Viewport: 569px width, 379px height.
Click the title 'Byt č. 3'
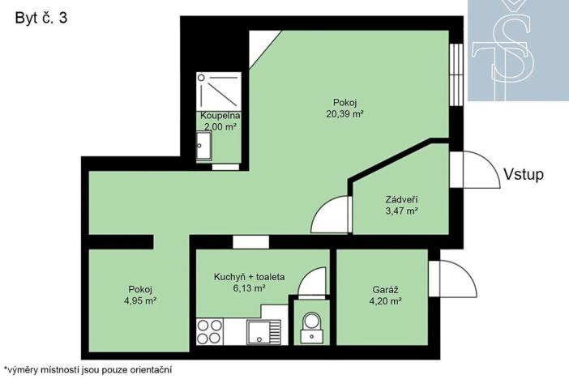pyautogui.click(x=41, y=19)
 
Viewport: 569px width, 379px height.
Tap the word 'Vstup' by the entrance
pyautogui.click(x=523, y=174)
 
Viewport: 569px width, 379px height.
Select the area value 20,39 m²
pyautogui.click(x=344, y=114)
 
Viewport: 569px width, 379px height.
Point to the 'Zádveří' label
pyautogui.click(x=401, y=199)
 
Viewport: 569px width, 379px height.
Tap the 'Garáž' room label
pyautogui.click(x=386, y=289)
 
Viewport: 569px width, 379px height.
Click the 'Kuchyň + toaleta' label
pyautogui.click(x=249, y=276)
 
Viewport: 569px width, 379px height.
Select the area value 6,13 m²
pyautogui.click(x=249, y=287)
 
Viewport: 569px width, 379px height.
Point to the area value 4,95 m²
pyautogui.click(x=140, y=301)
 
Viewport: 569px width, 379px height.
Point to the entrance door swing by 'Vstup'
pyautogui.click(x=474, y=169)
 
